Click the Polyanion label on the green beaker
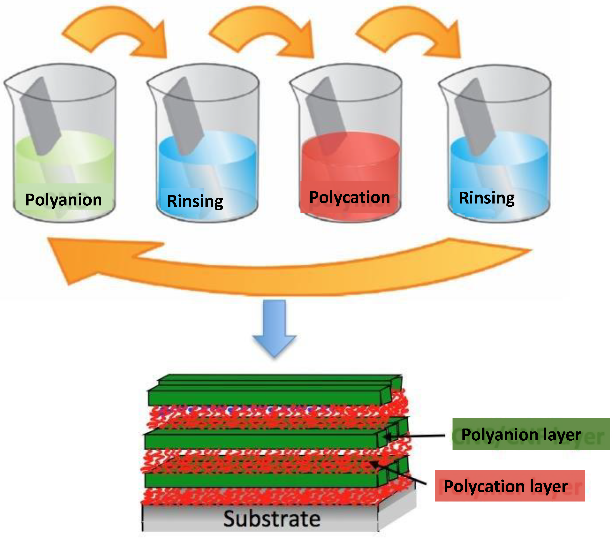[63, 200]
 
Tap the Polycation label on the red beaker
[350, 197]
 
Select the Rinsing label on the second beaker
[195, 201]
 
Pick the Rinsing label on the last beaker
[486, 198]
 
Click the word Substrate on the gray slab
[272, 518]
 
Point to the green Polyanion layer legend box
[531, 434]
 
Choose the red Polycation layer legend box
[510, 486]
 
